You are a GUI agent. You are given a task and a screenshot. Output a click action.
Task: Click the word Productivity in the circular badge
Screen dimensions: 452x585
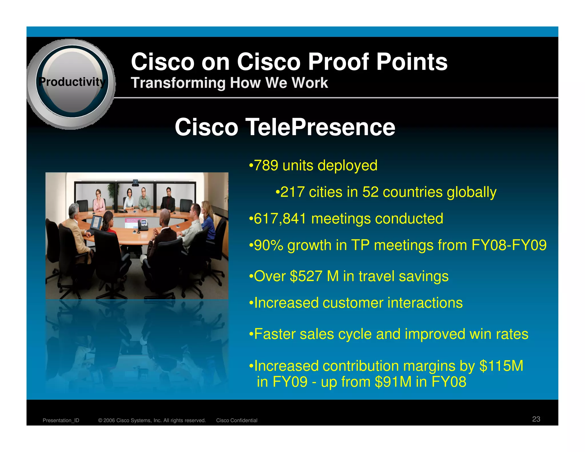[72, 82]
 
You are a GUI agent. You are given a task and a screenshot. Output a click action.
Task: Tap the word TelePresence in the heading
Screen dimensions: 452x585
[320, 127]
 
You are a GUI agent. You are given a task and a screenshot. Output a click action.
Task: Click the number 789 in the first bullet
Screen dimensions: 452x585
[266, 165]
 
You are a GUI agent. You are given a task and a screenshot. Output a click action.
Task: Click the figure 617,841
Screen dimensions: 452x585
[280, 219]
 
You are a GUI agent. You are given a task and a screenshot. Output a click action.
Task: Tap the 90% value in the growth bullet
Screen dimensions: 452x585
[269, 245]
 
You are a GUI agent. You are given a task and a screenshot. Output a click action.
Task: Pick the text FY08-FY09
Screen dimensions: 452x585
[509, 245]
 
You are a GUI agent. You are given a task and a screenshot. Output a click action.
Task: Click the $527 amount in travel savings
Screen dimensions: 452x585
[306, 276]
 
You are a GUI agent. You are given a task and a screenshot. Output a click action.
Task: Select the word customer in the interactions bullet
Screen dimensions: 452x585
[353, 303]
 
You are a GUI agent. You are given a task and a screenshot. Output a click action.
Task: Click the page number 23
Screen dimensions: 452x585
[536, 419]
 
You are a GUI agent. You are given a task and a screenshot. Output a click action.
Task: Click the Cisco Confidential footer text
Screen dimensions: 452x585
[237, 420]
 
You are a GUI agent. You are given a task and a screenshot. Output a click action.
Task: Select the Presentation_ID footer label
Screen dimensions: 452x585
[61, 420]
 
